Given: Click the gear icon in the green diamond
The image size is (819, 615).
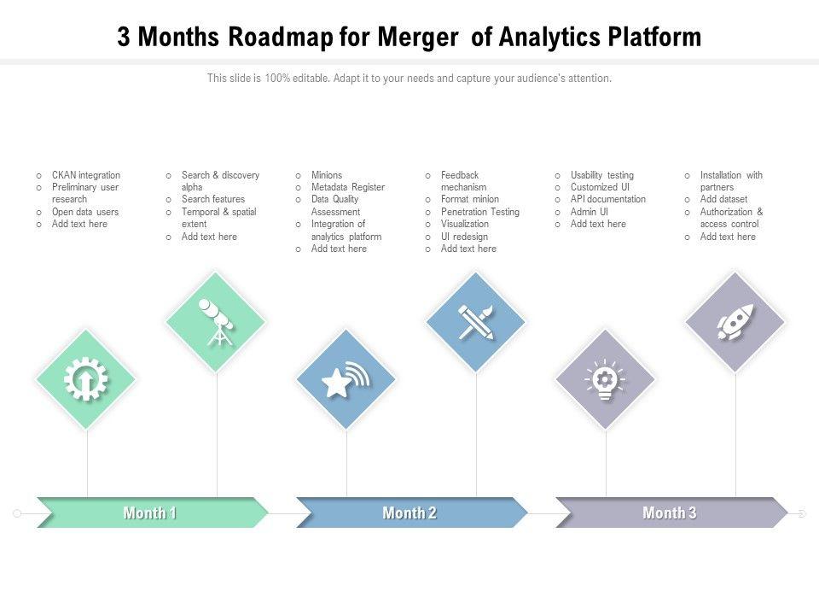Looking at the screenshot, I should tap(86, 379).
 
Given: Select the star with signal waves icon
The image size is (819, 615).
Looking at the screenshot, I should tap(346, 379).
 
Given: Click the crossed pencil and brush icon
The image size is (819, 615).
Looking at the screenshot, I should tap(475, 322).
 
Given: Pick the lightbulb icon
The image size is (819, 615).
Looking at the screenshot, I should tap(605, 379).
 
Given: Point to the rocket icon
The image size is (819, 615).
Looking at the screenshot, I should tap(735, 322).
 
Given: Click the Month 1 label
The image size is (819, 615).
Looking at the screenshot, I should tap(150, 513).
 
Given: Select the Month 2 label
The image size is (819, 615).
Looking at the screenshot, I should tap(409, 513).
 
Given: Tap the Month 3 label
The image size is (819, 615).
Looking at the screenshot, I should tap(669, 513).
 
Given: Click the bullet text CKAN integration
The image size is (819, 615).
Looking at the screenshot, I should tap(85, 175).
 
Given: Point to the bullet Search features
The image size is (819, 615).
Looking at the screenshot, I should tap(212, 199).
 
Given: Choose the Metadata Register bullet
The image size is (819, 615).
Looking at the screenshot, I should tap(348, 187).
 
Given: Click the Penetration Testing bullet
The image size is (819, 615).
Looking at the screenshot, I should tap(479, 212).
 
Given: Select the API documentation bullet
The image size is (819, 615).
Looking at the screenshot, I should tap(607, 199).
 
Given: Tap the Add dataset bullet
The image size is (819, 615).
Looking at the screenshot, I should tap(723, 199).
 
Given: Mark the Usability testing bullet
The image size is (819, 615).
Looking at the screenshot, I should tap(601, 175).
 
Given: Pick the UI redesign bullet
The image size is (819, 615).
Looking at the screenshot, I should tap(464, 237).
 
